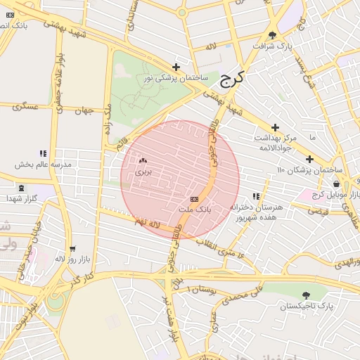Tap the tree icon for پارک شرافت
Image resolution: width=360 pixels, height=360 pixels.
click(272, 35)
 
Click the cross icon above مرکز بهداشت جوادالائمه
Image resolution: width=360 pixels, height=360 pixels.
click(276, 127)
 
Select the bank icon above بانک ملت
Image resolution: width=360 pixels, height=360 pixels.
click(194, 200)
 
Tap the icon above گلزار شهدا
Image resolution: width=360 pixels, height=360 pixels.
click(21, 188)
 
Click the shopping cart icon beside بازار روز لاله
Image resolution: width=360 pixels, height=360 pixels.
click(72, 249)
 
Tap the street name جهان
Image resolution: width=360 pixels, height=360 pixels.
click(86, 110)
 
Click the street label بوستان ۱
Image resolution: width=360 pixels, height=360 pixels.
click(198, 289)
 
